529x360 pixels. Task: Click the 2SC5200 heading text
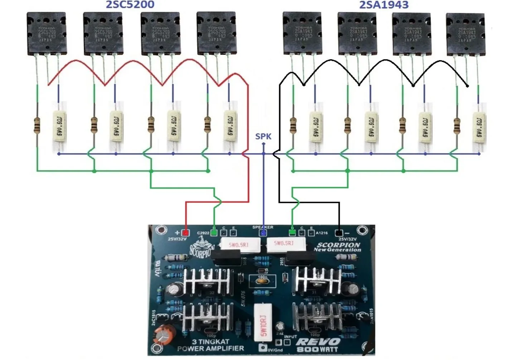[x=130, y=5]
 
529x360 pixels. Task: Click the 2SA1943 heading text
[x=384, y=5]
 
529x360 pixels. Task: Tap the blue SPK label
[x=263, y=136]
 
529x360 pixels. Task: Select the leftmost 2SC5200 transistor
[x=46, y=34]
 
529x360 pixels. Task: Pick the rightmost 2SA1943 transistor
[x=465, y=34]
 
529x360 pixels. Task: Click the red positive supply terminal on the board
[x=185, y=233]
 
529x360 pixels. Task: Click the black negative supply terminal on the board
[x=338, y=233]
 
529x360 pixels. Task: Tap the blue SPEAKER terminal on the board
[x=263, y=233]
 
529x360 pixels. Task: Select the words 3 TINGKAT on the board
[x=210, y=342]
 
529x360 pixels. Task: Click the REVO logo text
[x=318, y=342]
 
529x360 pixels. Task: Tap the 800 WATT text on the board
[x=317, y=349]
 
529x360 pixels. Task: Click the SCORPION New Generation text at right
[x=337, y=247]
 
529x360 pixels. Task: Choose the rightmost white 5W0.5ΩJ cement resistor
[x=479, y=126]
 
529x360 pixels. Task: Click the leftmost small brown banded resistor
[x=37, y=125]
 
